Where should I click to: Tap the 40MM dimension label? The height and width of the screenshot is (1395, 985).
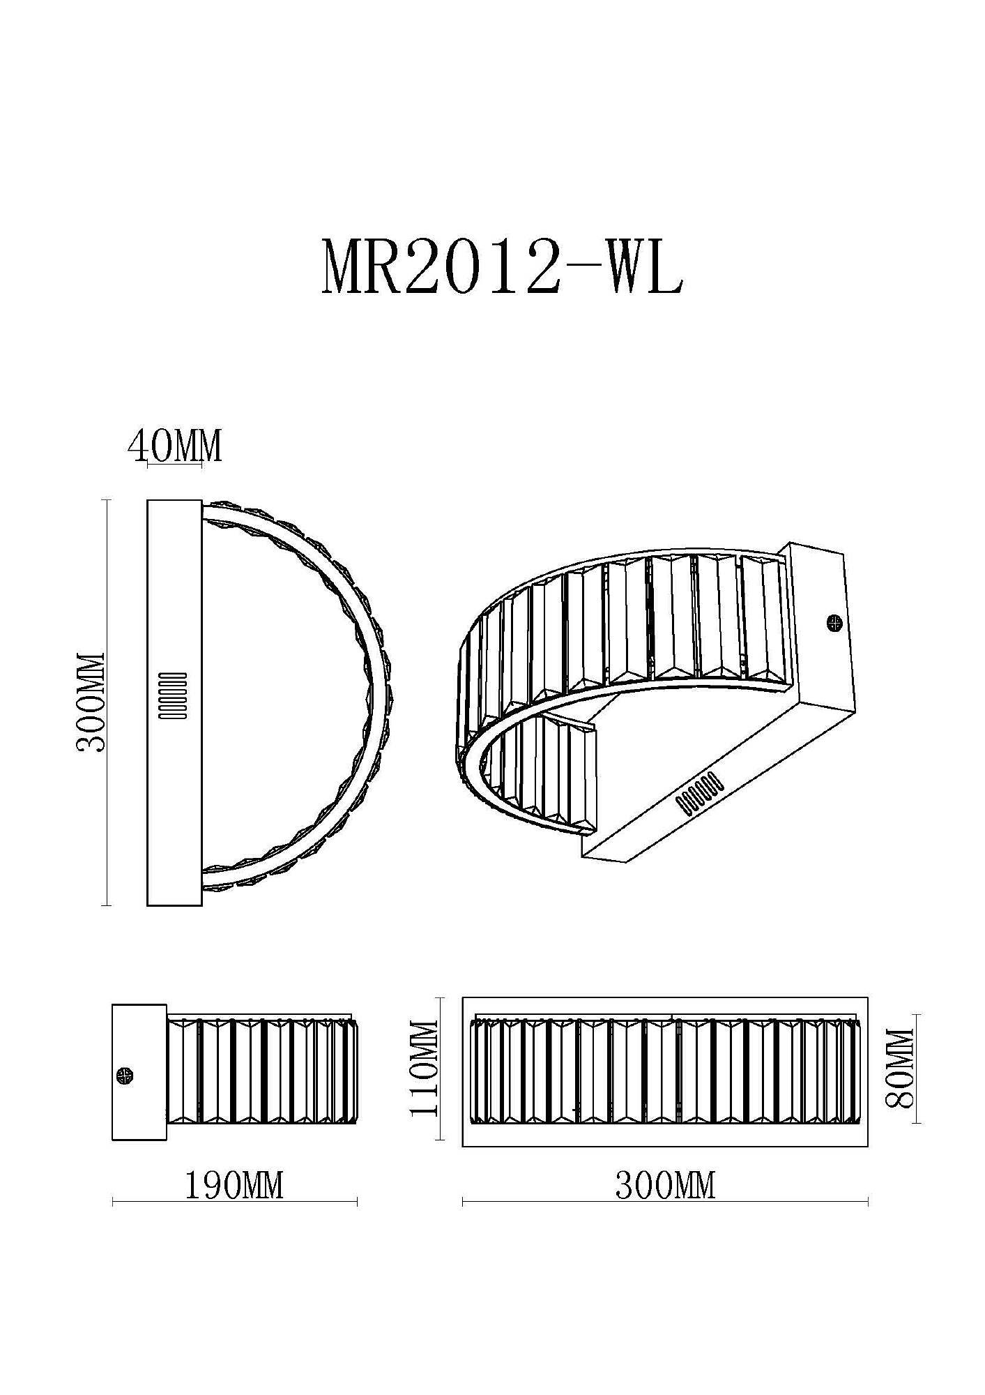175,446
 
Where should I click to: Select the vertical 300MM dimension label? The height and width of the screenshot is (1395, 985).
91,702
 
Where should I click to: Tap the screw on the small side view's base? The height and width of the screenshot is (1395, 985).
126,1076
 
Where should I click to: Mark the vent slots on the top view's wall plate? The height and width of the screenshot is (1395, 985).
174,696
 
